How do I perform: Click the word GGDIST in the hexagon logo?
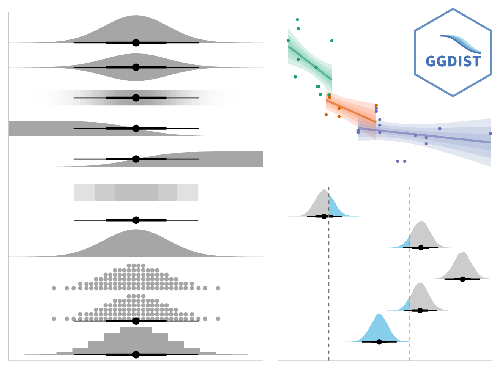pyautogui.click(x=453, y=61)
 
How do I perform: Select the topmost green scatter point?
pyautogui.click(x=297, y=20)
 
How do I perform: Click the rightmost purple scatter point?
pyautogui.click(x=491, y=134)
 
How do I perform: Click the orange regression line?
pyautogui.click(x=351, y=112)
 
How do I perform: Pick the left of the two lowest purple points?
pyautogui.click(x=397, y=161)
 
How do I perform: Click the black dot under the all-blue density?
pyautogui.click(x=379, y=342)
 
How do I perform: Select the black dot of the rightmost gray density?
pyautogui.click(x=462, y=279)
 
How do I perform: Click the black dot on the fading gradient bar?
pyautogui.click(x=136, y=98)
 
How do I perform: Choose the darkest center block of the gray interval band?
pyautogui.click(x=136, y=192)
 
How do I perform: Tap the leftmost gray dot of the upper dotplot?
pyautogui.click(x=54, y=288)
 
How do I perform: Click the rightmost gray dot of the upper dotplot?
pyautogui.click(x=218, y=288)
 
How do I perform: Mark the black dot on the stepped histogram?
pyautogui.click(x=136, y=354)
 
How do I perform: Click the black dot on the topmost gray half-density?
pyautogui.click(x=136, y=43)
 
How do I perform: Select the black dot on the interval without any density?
pyautogui.click(x=136, y=220)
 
